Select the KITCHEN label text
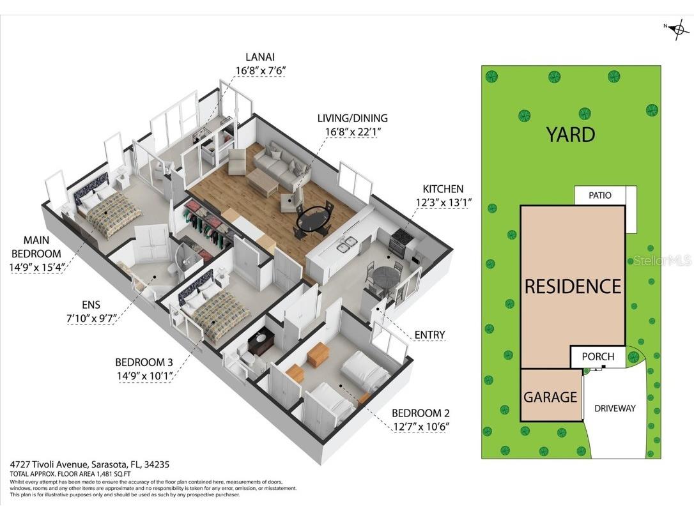point(443,189)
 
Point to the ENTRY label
point(429,335)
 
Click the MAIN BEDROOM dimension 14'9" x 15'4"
point(37,266)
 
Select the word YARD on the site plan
point(571,135)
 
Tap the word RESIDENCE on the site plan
point(573,286)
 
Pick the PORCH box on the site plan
point(598,356)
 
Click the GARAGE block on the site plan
point(550,397)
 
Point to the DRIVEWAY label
point(615,408)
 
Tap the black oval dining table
point(313,220)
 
